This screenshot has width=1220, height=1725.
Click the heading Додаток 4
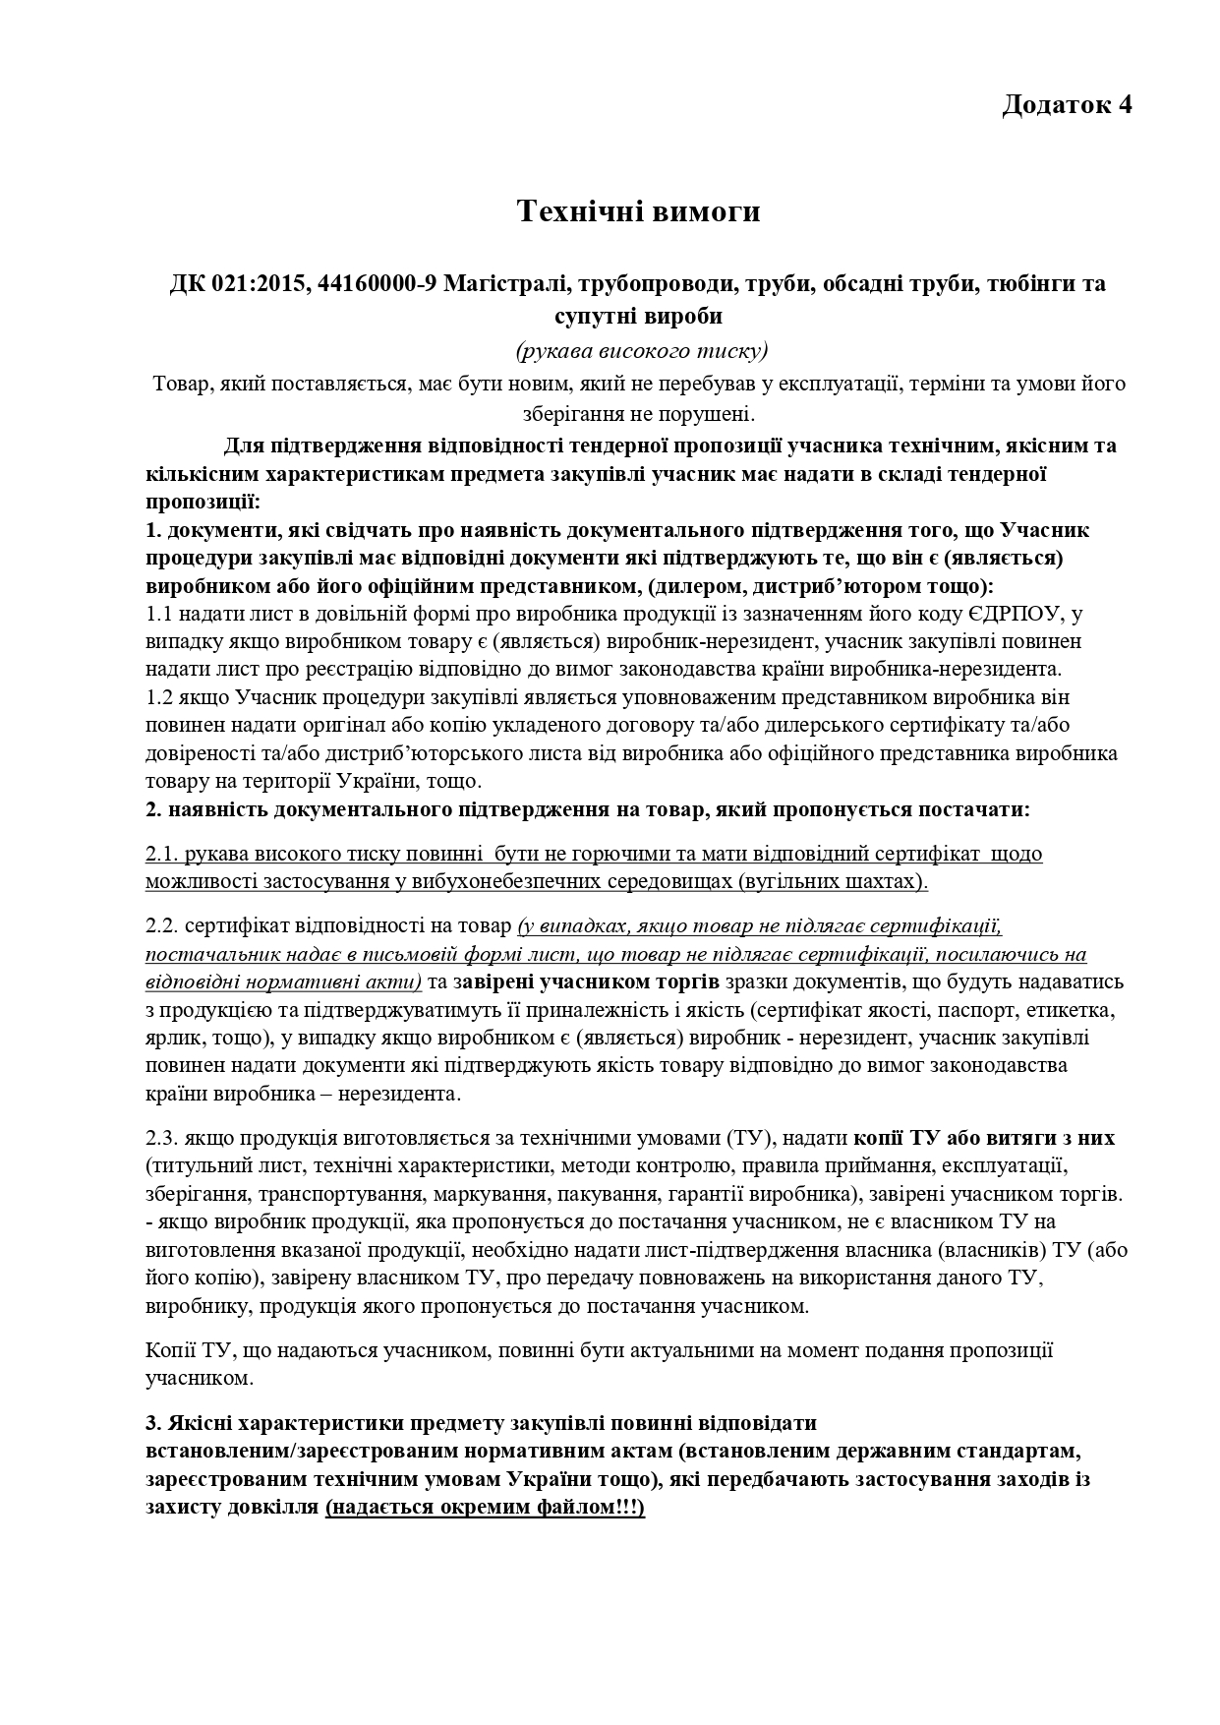1067,105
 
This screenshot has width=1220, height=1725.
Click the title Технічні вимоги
639,210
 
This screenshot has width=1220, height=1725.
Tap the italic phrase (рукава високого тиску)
640,350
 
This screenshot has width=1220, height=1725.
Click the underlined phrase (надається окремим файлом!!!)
486,1508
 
